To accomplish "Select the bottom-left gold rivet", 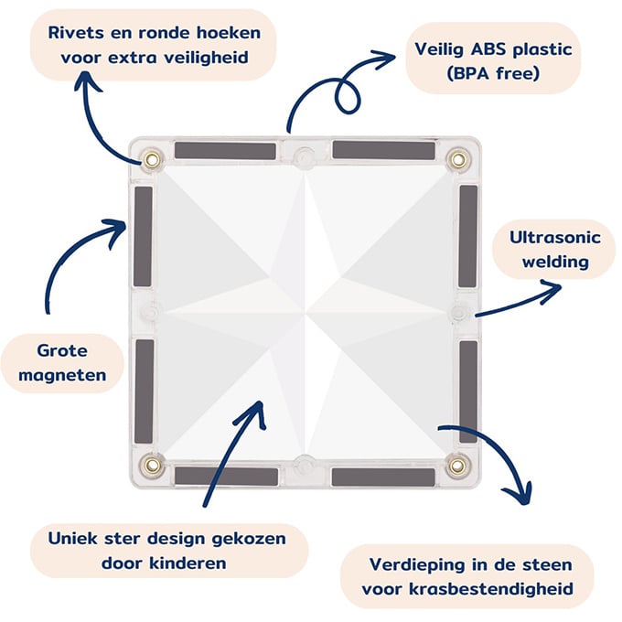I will pyautogui.click(x=152, y=466).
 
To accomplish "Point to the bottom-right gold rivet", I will pyautogui.click(x=456, y=466).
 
